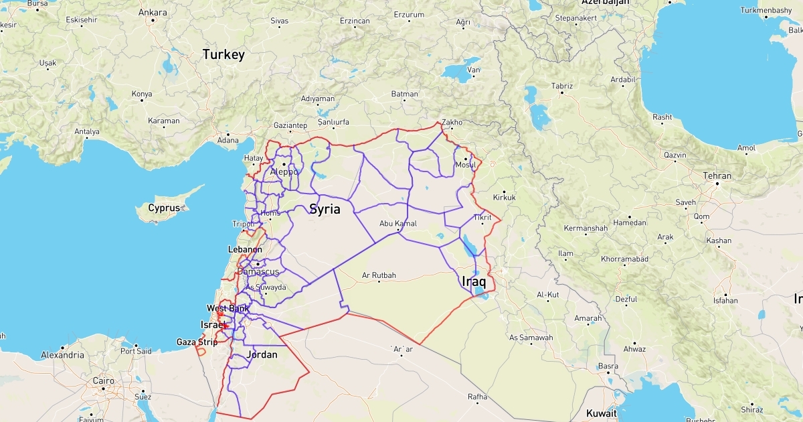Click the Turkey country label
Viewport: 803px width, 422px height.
[x=224, y=54]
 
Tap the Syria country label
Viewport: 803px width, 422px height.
[x=325, y=209]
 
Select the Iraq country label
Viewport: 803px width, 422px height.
[x=473, y=281]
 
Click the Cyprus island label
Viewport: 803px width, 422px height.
[x=164, y=208]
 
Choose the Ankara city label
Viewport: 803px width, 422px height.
[x=152, y=13]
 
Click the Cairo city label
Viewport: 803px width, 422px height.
[x=103, y=380]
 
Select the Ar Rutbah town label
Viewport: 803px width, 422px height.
[x=379, y=275]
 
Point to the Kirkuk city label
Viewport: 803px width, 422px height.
[x=504, y=198]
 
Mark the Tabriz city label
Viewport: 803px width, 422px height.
[x=561, y=86]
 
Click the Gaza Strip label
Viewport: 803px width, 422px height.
[x=197, y=342]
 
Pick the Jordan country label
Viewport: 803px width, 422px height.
[x=262, y=354]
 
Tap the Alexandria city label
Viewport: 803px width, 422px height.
[x=62, y=354]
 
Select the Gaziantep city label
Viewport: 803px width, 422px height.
[x=290, y=125]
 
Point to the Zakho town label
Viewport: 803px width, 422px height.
[x=452, y=123]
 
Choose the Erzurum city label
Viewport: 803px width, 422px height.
[x=409, y=14]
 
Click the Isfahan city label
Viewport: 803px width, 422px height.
[x=725, y=301]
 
